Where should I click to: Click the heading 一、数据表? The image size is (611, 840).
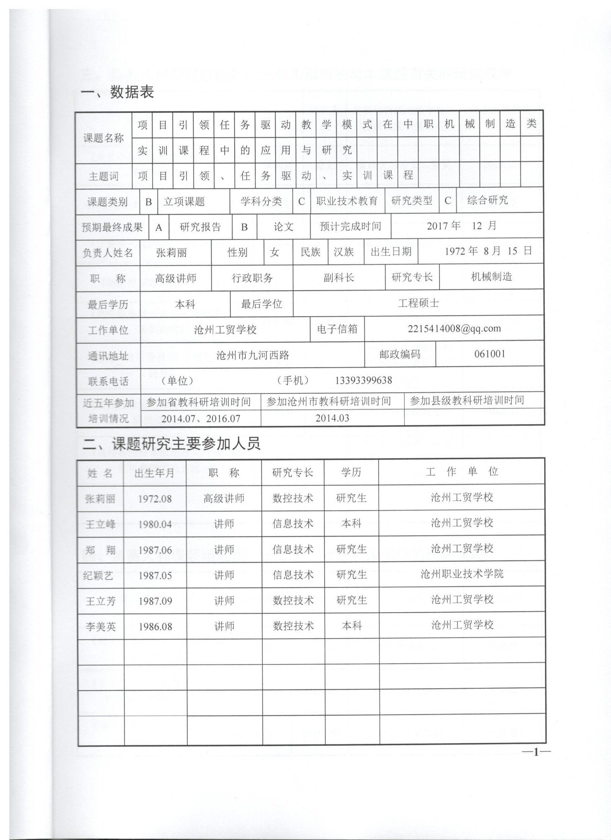(x=117, y=92)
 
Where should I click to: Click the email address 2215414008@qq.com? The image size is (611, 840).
(x=454, y=328)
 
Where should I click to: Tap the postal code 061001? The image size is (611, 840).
(x=490, y=354)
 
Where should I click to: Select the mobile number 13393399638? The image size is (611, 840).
(x=363, y=380)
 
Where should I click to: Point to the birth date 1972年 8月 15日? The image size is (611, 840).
(x=488, y=251)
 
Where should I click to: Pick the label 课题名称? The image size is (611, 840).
(x=104, y=138)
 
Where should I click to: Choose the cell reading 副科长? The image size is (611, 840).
(x=339, y=277)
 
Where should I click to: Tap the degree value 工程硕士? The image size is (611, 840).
(x=418, y=303)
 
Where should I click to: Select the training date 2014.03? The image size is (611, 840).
(x=332, y=418)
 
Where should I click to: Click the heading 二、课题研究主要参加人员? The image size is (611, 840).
(x=171, y=444)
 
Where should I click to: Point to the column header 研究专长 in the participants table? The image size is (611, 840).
(x=292, y=472)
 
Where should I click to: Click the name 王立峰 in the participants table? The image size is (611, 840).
(x=100, y=524)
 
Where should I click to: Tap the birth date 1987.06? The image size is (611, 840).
(x=155, y=550)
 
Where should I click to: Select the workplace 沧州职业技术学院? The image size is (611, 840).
(x=462, y=574)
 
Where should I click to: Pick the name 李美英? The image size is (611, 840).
(x=100, y=627)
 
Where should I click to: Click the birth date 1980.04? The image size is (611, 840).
(x=155, y=525)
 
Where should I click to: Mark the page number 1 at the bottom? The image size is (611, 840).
(x=536, y=752)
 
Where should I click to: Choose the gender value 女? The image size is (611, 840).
(x=274, y=253)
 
